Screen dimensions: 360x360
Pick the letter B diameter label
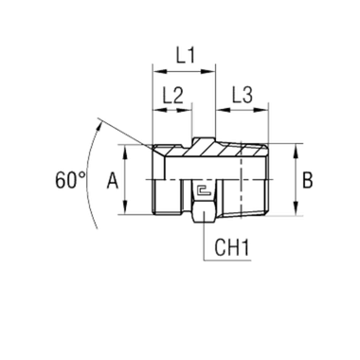click(x=305, y=178)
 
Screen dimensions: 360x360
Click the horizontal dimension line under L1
click(x=185, y=71)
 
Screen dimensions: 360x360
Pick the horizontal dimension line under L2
click(x=171, y=109)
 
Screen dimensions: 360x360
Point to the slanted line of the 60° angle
click(x=128, y=133)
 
